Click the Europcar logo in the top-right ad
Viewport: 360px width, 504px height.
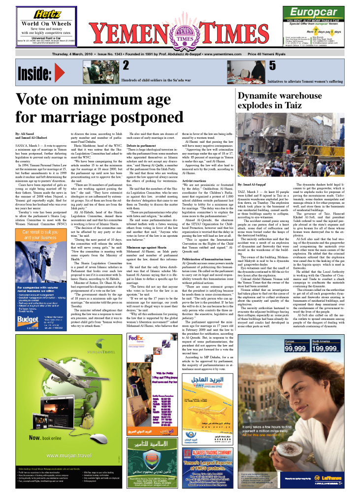pos(313,12)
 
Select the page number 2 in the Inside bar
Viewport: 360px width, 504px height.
pos(126,65)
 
